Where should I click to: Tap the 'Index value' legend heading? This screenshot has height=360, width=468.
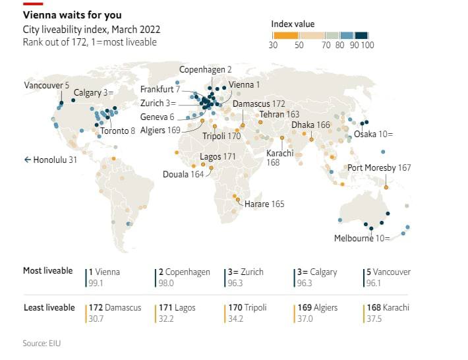[x=293, y=24]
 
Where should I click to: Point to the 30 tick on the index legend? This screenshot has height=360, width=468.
[x=273, y=45]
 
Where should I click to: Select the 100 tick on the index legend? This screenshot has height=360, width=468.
[x=367, y=45]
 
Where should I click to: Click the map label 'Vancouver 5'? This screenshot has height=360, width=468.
[x=46, y=86]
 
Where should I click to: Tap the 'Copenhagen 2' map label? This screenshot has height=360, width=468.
[x=206, y=70]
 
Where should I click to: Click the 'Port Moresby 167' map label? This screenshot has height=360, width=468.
[x=379, y=167]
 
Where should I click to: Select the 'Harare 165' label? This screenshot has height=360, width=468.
[x=264, y=204]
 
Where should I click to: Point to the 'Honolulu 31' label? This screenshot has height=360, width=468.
[x=51, y=160]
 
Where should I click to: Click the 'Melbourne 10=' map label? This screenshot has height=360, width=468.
[x=363, y=239]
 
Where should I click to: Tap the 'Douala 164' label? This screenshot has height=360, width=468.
[x=184, y=175]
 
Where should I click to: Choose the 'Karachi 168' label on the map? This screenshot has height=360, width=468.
[x=279, y=158]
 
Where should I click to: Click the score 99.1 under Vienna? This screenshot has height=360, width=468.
[x=97, y=283]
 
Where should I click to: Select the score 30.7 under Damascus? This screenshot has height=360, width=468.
[x=97, y=319]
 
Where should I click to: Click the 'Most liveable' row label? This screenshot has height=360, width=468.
[x=47, y=271]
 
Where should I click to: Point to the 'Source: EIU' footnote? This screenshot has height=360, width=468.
[x=42, y=343]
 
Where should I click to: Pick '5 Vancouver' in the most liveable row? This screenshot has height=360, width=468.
[x=388, y=272]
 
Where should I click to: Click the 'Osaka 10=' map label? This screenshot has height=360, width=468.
[x=374, y=134]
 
